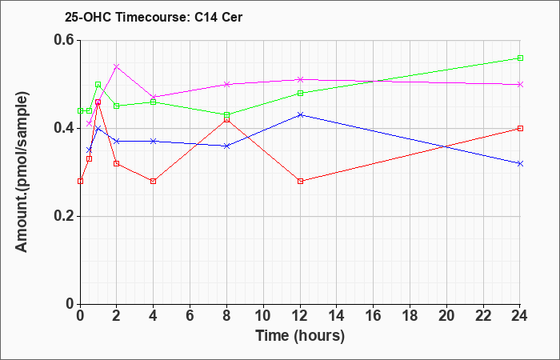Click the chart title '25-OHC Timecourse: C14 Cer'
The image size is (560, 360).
(154, 17)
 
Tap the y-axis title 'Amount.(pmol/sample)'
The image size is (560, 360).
(22, 172)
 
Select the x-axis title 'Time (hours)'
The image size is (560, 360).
(300, 336)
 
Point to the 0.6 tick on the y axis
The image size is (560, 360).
(66, 40)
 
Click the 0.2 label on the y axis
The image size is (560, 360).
(66, 216)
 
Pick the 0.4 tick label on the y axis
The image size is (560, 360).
(66, 128)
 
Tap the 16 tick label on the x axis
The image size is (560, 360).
(374, 315)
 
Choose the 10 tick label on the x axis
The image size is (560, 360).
(263, 315)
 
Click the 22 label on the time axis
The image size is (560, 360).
(483, 315)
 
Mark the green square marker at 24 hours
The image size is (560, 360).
(520, 58)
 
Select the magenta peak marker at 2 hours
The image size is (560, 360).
(117, 66)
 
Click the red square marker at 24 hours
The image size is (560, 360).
(520, 128)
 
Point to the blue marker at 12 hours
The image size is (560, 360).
(300, 114)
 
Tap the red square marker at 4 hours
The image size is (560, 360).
(154, 181)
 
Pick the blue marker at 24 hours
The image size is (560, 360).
(520, 163)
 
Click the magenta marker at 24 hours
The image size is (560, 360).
(520, 84)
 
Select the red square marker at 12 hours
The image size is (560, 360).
(300, 181)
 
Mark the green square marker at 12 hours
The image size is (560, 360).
(300, 94)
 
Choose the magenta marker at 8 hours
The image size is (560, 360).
(226, 84)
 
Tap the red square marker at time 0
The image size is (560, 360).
(80, 181)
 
